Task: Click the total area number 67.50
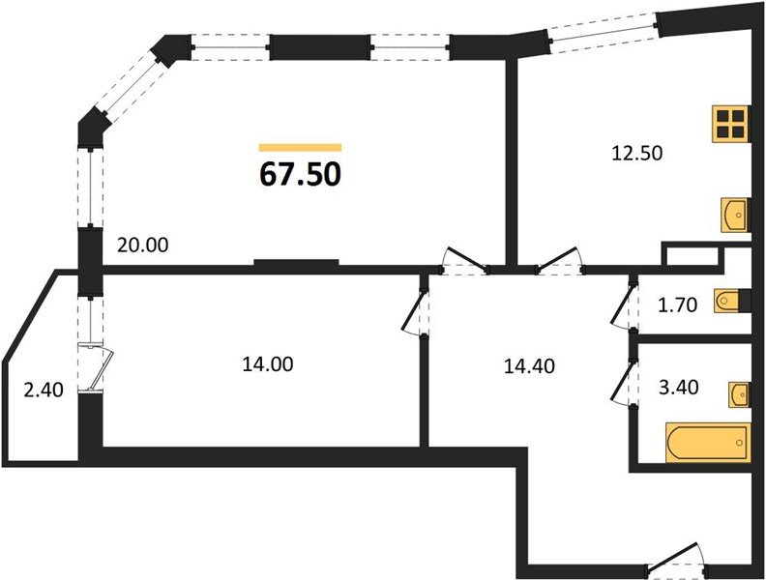coord(300,174)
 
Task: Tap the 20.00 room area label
coord(142,246)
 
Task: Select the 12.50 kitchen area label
coord(637,154)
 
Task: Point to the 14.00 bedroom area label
coord(268,364)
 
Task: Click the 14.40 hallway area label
coord(529,366)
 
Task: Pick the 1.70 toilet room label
coord(677,305)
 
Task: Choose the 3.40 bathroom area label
coord(679,388)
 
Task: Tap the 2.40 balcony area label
coord(44,391)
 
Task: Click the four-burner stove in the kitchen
coord(731,124)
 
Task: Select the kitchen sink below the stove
coord(735,215)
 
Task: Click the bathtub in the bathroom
coord(707,443)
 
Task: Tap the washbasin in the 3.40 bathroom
coord(739,394)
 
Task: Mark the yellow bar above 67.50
coord(300,148)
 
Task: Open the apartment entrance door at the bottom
coord(677,558)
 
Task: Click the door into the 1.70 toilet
coord(624,306)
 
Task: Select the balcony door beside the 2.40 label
coord(95,367)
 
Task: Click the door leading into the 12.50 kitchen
coord(559,261)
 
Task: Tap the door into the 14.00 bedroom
coord(415,312)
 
